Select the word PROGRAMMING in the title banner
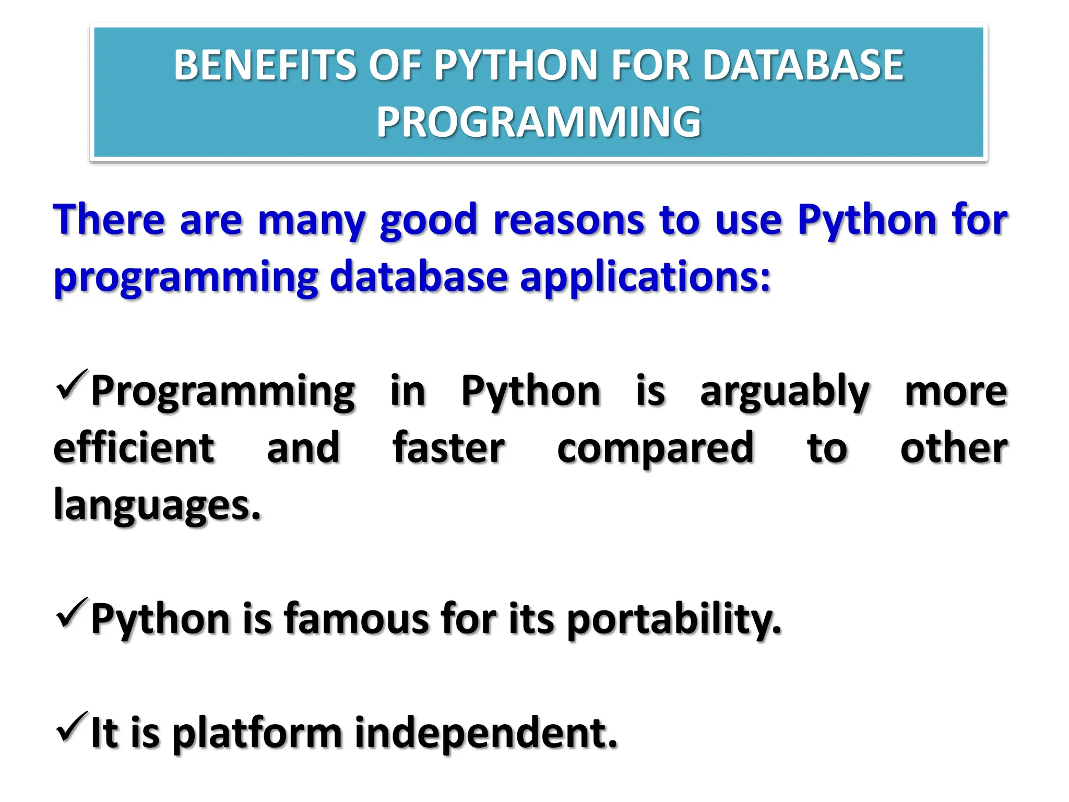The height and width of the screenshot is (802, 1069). pyautogui.click(x=539, y=122)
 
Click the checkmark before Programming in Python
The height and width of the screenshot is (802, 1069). pyautogui.click(x=70, y=385)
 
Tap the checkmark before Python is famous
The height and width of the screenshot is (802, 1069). pyautogui.click(x=70, y=613)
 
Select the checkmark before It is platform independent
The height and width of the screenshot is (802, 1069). pyautogui.click(x=70, y=727)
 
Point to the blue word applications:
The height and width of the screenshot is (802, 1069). pyautogui.click(x=645, y=277)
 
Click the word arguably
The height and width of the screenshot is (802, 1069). pyautogui.click(x=785, y=392)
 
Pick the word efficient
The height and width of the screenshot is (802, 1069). pyautogui.click(x=134, y=448)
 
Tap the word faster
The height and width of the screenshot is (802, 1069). pyautogui.click(x=448, y=448)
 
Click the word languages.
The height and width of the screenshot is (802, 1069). pyautogui.click(x=157, y=505)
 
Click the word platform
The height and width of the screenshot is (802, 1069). pyautogui.click(x=257, y=733)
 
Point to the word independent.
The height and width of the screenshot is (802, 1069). pyautogui.click(x=485, y=733)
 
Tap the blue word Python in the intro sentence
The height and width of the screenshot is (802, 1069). pyautogui.click(x=867, y=220)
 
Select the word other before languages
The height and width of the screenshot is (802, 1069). pyautogui.click(x=954, y=448)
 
